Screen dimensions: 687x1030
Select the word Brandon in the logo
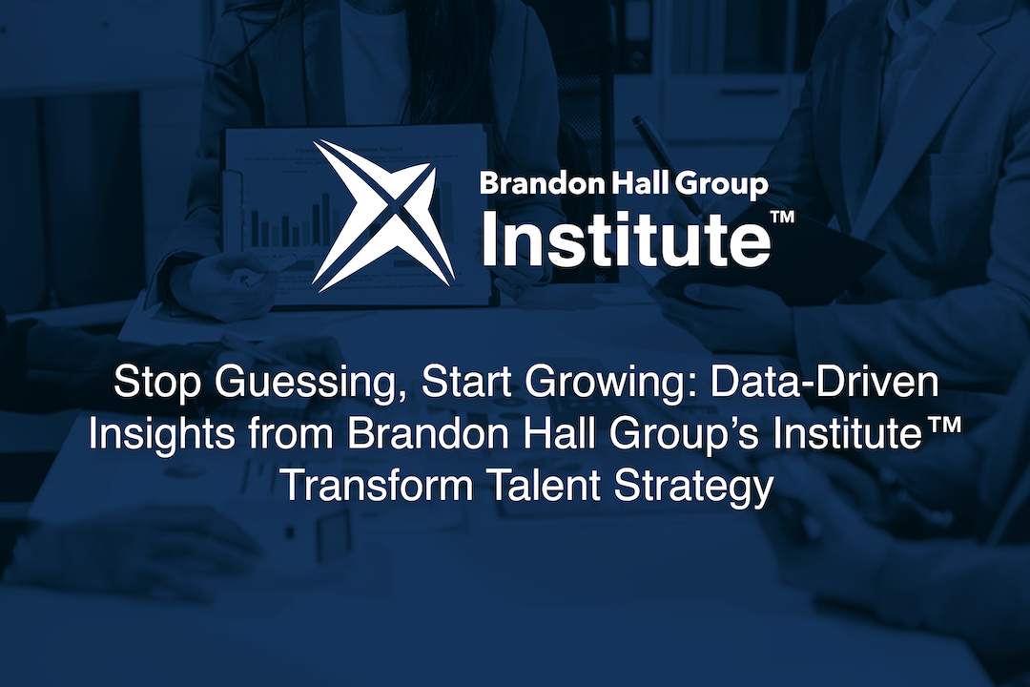tap(537, 184)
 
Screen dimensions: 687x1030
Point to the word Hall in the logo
tap(635, 184)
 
